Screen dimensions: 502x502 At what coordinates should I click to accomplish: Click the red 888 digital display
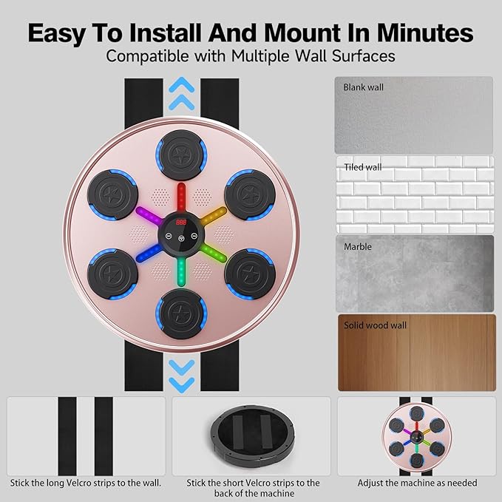coord(181,221)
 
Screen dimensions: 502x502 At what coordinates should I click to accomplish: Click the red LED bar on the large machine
coord(181,198)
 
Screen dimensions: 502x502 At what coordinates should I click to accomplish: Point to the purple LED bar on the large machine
coord(150,214)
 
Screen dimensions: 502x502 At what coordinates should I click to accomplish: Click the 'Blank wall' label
coord(364,87)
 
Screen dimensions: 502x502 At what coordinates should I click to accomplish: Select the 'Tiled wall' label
coord(362,167)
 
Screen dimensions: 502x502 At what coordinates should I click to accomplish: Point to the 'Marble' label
coord(358,246)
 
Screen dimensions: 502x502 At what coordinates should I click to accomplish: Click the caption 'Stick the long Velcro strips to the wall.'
coord(85,483)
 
